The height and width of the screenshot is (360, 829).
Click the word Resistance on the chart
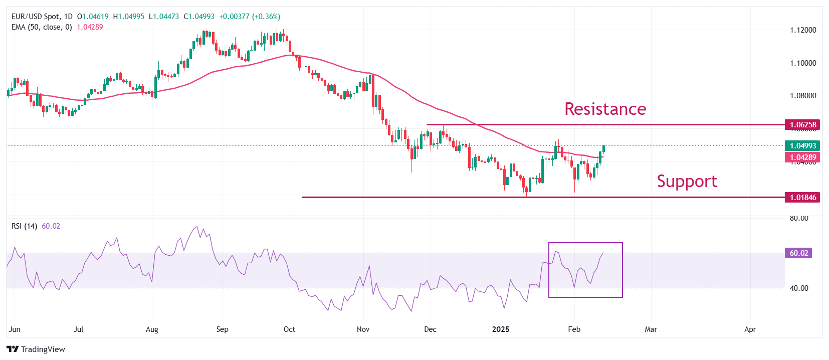605,109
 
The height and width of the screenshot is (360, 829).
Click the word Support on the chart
687,181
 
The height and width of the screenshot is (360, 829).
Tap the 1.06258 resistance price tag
802,125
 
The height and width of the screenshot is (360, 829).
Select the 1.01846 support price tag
802,198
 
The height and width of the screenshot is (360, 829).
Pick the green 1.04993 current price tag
802,146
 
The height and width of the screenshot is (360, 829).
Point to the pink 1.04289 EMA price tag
802,157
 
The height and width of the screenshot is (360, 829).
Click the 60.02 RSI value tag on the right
798,253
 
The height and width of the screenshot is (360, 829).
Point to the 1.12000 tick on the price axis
803,30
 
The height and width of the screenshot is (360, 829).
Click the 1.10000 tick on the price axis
803,63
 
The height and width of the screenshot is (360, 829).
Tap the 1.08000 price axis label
803,96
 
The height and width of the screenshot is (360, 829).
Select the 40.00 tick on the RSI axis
799,288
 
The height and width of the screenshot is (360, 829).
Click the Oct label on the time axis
289,329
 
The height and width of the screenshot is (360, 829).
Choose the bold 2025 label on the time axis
500,329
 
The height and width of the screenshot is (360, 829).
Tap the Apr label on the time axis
750,329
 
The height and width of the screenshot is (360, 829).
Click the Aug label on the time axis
152,329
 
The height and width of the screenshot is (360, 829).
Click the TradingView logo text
43,349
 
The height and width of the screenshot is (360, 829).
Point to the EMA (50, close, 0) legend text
42,27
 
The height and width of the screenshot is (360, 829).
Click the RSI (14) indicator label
24,226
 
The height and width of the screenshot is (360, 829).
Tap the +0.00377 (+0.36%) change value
250,17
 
